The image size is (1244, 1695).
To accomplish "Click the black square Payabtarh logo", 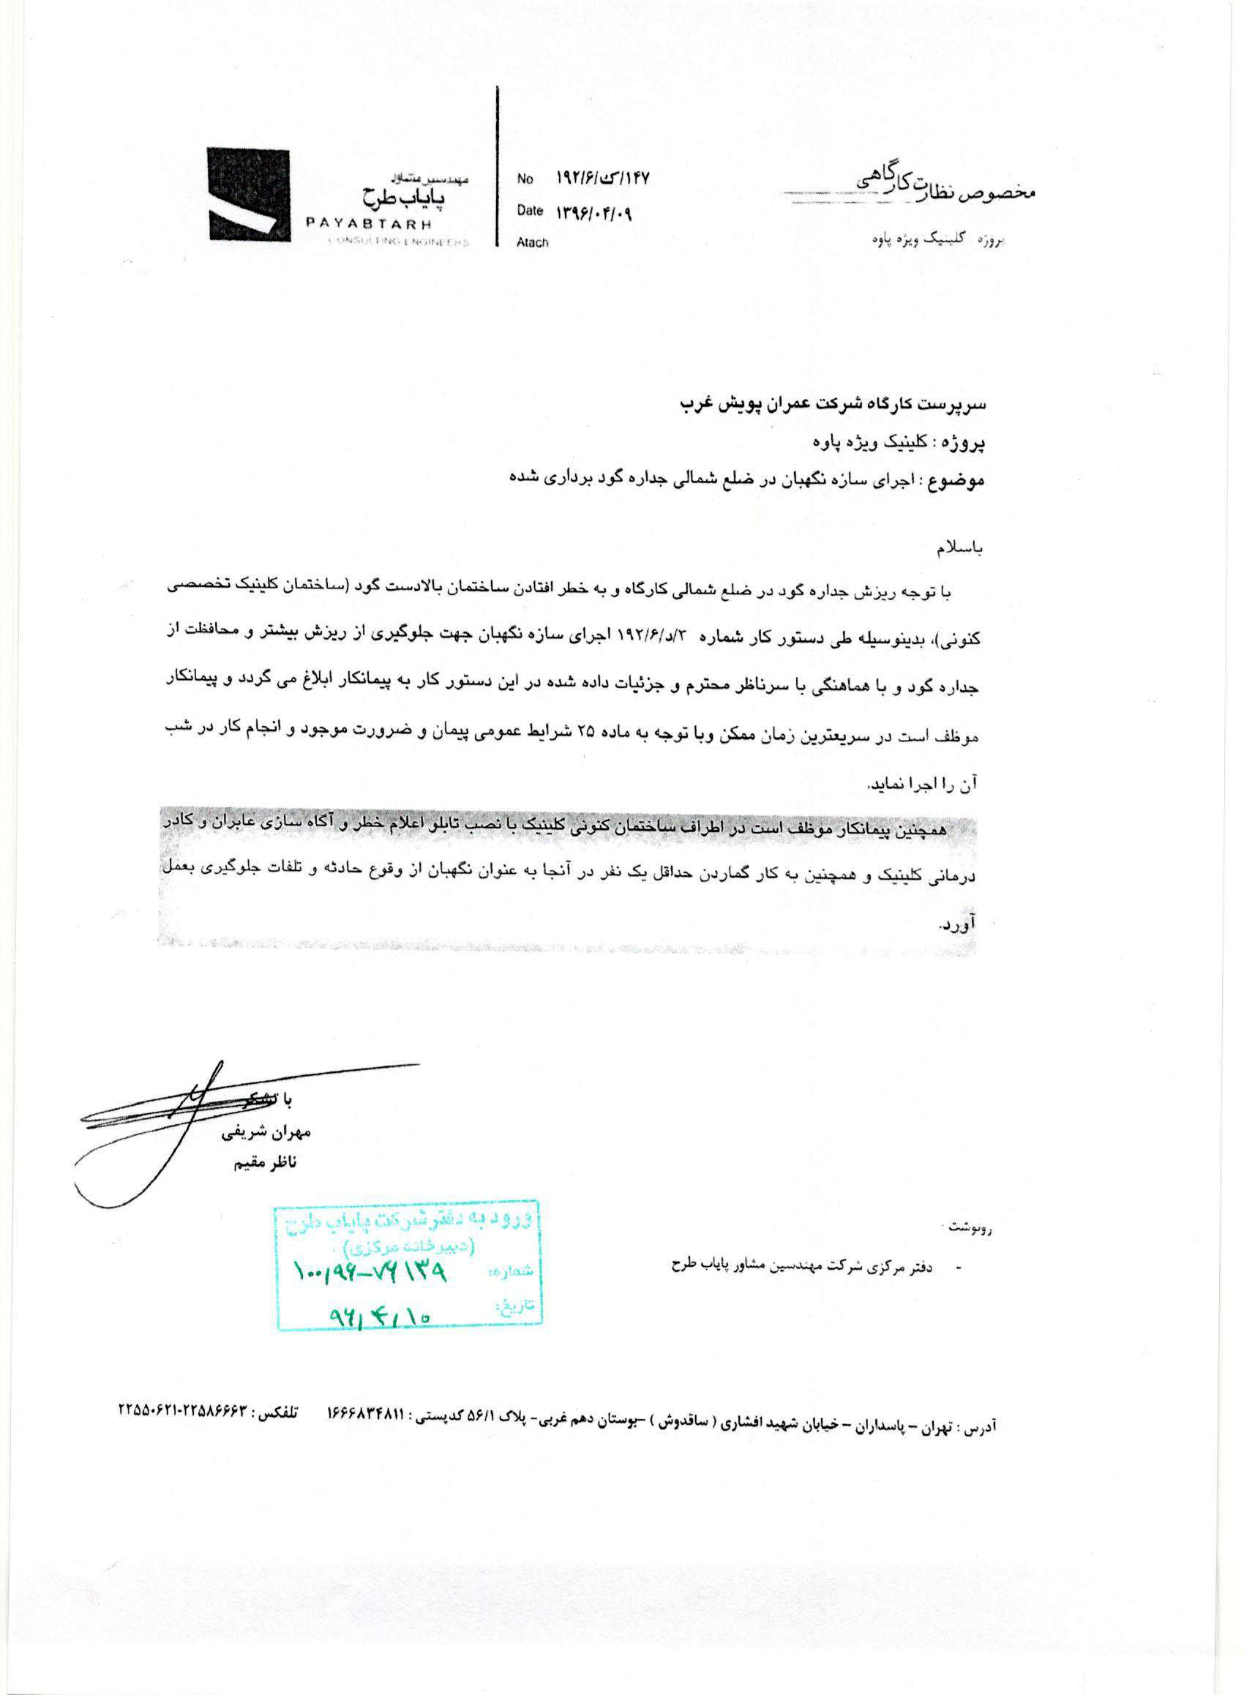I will pos(249,194).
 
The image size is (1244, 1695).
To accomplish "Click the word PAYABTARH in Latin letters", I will pos(368,224).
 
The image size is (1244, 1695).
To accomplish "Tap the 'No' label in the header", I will pos(525,179).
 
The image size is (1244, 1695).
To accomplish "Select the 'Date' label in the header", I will pos(529,211).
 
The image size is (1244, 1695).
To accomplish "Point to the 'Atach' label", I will pos(533,242).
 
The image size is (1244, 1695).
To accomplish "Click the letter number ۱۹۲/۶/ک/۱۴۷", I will pos(602,179).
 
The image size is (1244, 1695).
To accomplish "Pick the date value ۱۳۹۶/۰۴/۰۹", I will pos(594,212).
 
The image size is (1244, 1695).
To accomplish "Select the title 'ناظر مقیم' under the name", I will pos(265,1164).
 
